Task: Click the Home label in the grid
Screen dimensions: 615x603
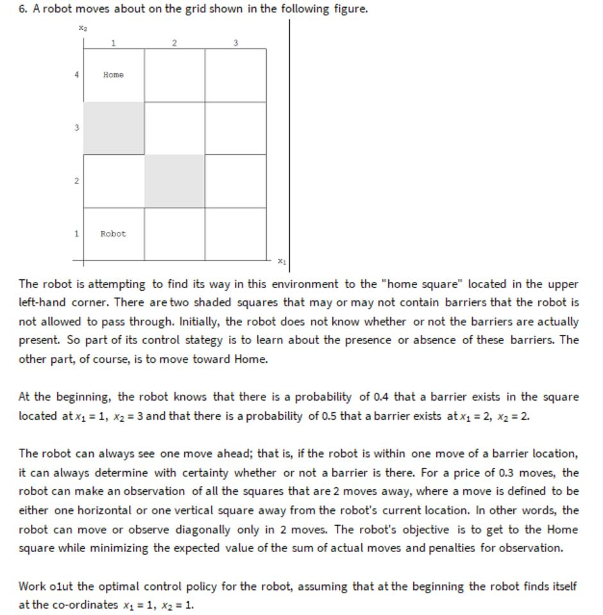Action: [113, 75]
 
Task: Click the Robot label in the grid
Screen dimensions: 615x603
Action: [113, 234]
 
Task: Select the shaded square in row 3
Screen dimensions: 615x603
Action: [114, 128]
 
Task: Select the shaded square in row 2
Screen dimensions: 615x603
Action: [174, 181]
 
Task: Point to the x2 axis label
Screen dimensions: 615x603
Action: [82, 28]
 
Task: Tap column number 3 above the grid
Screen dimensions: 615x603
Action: [235, 43]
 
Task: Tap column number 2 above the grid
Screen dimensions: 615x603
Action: [174, 43]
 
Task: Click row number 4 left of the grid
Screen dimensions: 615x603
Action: [76, 74]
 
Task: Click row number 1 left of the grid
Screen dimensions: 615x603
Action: [76, 234]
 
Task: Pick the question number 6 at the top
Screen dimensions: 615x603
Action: [22, 10]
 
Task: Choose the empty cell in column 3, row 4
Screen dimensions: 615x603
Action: [235, 75]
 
